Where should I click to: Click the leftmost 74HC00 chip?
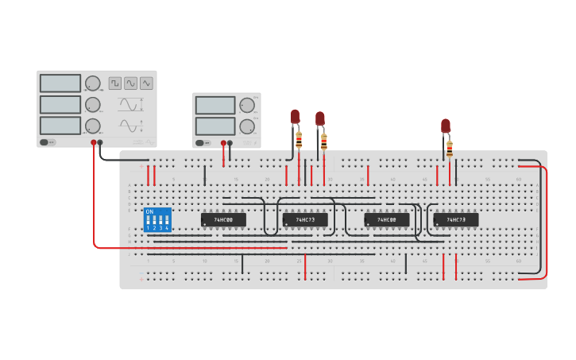[223, 219]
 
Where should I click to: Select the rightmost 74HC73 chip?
[456, 219]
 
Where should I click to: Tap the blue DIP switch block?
[157, 219]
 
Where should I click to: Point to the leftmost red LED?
[295, 117]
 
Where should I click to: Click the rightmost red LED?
[446, 126]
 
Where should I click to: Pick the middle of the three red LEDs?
[319, 118]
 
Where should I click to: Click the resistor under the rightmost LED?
[450, 149]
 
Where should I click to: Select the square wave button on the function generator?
[115, 83]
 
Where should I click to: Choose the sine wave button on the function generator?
[130, 83]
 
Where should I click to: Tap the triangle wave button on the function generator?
[146, 83]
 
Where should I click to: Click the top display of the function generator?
[60, 83]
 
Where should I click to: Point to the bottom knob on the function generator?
[93, 126]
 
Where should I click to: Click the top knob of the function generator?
[93, 83]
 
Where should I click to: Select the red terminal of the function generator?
[94, 142]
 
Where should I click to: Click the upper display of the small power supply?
[215, 106]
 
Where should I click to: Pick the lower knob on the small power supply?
[247, 126]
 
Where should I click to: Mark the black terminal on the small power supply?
[230, 143]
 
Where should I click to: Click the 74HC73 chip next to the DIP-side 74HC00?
[305, 219]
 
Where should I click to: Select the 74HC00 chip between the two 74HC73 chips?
[387, 219]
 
